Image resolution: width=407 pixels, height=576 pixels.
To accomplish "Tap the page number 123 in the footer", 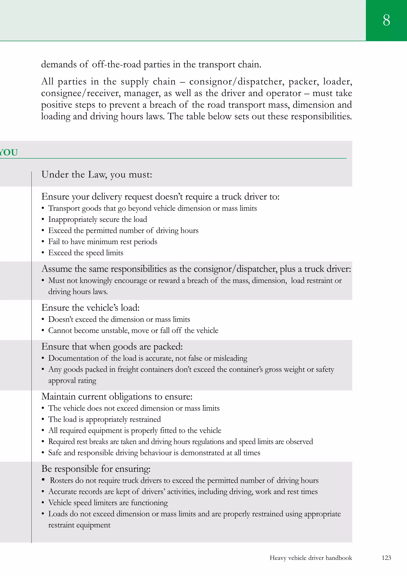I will pyautogui.click(x=386, y=558).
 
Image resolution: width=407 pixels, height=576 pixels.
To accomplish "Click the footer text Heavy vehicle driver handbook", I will pyautogui.click(x=311, y=558).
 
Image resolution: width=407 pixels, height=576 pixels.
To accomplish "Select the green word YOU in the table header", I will pyautogui.click(x=9, y=152).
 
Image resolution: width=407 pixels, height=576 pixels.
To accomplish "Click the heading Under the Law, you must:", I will pyautogui.click(x=97, y=175).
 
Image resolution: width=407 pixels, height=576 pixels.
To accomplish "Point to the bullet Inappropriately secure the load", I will pyautogui.click(x=98, y=220).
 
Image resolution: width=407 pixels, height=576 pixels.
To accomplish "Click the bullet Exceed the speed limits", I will pyautogui.click(x=86, y=253).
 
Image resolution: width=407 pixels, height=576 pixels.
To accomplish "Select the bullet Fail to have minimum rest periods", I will pyautogui.click(x=103, y=242).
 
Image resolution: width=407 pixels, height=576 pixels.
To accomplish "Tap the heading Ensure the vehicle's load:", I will pyautogui.click(x=90, y=308).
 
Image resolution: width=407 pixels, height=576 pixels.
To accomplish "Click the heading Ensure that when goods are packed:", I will pyautogui.click(x=112, y=346).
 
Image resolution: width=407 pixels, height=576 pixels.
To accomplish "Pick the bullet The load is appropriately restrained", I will pyautogui.click(x=105, y=419).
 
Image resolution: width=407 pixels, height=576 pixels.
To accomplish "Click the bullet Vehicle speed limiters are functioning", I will pyautogui.click(x=108, y=503).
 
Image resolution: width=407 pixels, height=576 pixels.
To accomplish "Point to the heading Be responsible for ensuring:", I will pyautogui.click(x=96, y=469).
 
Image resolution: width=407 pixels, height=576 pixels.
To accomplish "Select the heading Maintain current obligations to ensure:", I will pyautogui.click(x=117, y=397).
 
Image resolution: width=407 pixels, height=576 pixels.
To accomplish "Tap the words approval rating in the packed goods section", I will pyautogui.click(x=72, y=381).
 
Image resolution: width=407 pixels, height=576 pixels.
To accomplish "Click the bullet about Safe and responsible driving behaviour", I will pyautogui.click(x=154, y=453).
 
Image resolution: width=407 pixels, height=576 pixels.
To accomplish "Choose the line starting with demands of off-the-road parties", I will pyautogui.click(x=151, y=64).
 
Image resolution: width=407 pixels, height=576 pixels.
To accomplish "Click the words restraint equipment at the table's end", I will pyautogui.click(x=79, y=525).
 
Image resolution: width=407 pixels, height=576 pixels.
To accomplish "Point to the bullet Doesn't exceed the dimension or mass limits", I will pyautogui.click(x=119, y=319).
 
